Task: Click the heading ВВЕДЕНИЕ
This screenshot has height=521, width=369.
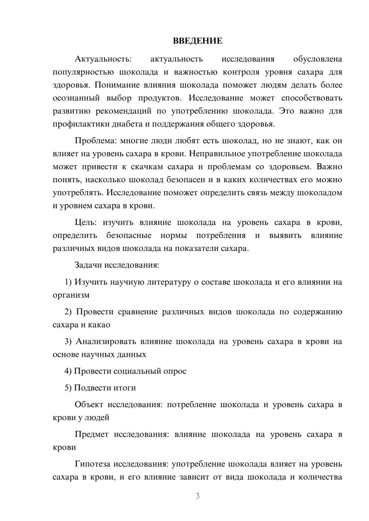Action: (x=197, y=41)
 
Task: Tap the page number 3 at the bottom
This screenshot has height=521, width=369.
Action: (x=197, y=496)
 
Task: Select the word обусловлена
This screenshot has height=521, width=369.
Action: (x=317, y=59)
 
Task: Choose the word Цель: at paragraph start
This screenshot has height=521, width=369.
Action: (x=86, y=223)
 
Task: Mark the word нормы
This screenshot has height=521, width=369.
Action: (x=173, y=235)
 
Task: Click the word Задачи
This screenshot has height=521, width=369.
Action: (x=89, y=265)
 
